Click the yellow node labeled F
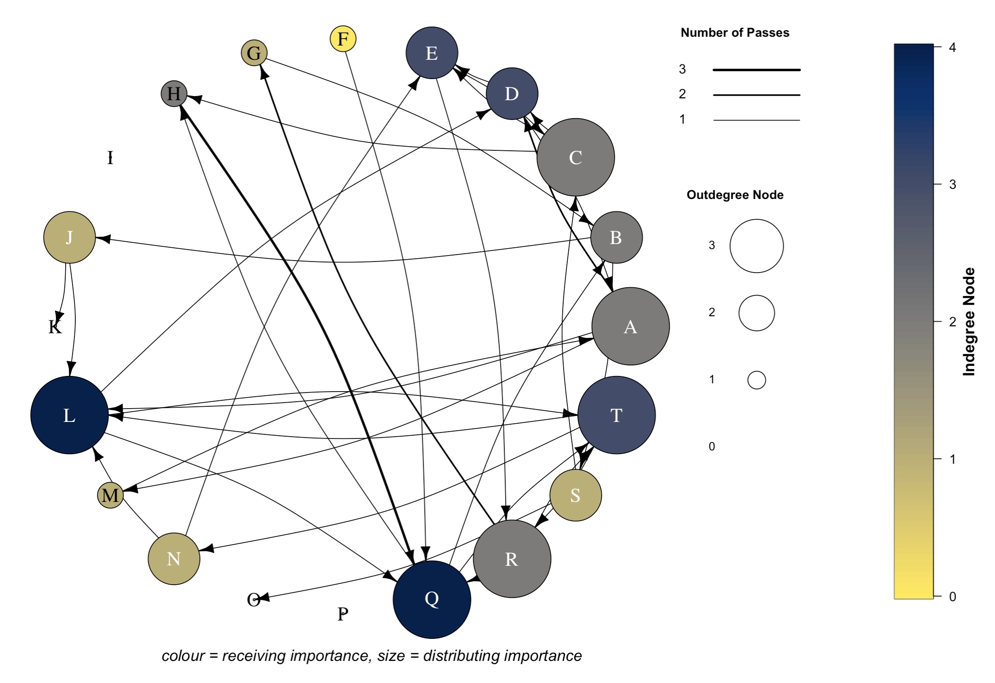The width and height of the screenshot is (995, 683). pos(343,39)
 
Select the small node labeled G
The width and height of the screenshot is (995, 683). pos(254,53)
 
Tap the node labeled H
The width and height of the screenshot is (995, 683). pos(174,94)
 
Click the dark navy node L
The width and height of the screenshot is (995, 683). pos(69,415)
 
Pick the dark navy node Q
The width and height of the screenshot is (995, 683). pos(432,599)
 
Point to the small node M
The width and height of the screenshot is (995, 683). pos(110,495)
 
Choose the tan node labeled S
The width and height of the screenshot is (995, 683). pos(575,495)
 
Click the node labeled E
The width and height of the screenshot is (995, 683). pos(432,53)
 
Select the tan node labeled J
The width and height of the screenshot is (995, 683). pos(69,237)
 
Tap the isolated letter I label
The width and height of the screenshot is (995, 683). pos(110,158)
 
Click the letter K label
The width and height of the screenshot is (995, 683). pos(55,327)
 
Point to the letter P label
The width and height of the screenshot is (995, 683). pos(343,614)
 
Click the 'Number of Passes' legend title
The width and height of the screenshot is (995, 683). pos(735,33)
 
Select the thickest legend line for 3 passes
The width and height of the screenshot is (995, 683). pos(756,70)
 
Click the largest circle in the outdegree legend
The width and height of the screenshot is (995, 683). pos(756,246)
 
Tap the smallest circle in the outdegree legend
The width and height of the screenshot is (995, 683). pos(756,380)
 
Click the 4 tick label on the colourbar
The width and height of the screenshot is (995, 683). pos(952,47)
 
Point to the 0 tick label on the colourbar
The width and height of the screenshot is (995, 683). pos(952,597)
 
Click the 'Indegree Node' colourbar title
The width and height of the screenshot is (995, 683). pos(969,322)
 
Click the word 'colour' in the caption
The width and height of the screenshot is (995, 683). pos(183,656)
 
